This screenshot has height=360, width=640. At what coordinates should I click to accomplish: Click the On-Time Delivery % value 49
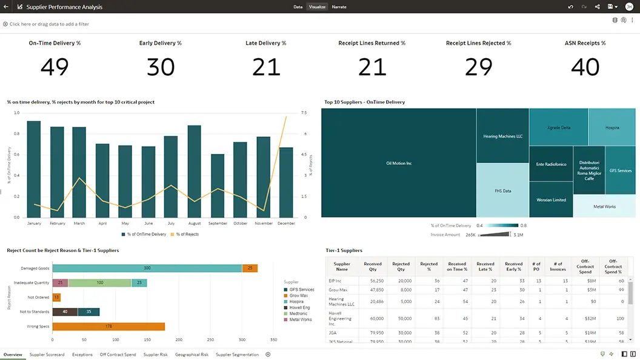click(54, 67)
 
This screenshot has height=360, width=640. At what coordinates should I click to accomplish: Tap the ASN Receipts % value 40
click(585, 67)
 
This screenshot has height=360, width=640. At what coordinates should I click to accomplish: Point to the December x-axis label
click(286, 224)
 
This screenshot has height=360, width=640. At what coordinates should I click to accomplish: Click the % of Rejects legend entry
click(185, 234)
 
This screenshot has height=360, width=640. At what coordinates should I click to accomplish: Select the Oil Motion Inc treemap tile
click(398, 163)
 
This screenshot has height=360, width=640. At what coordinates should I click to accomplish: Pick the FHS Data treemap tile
click(502, 190)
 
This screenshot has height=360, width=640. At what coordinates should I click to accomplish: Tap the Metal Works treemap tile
click(604, 206)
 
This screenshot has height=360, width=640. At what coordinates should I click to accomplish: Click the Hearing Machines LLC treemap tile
click(502, 136)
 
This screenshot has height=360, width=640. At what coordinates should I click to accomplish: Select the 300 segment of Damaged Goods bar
click(147, 268)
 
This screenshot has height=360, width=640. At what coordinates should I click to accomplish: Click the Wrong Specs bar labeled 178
click(108, 327)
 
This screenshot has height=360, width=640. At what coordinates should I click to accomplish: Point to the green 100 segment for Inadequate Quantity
click(100, 282)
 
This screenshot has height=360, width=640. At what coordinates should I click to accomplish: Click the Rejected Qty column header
click(401, 267)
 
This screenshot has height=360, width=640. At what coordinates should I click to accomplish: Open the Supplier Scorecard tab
click(47, 355)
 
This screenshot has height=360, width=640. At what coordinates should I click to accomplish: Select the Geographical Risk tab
click(192, 355)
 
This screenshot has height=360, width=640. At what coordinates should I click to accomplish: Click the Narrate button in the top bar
click(339, 7)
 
